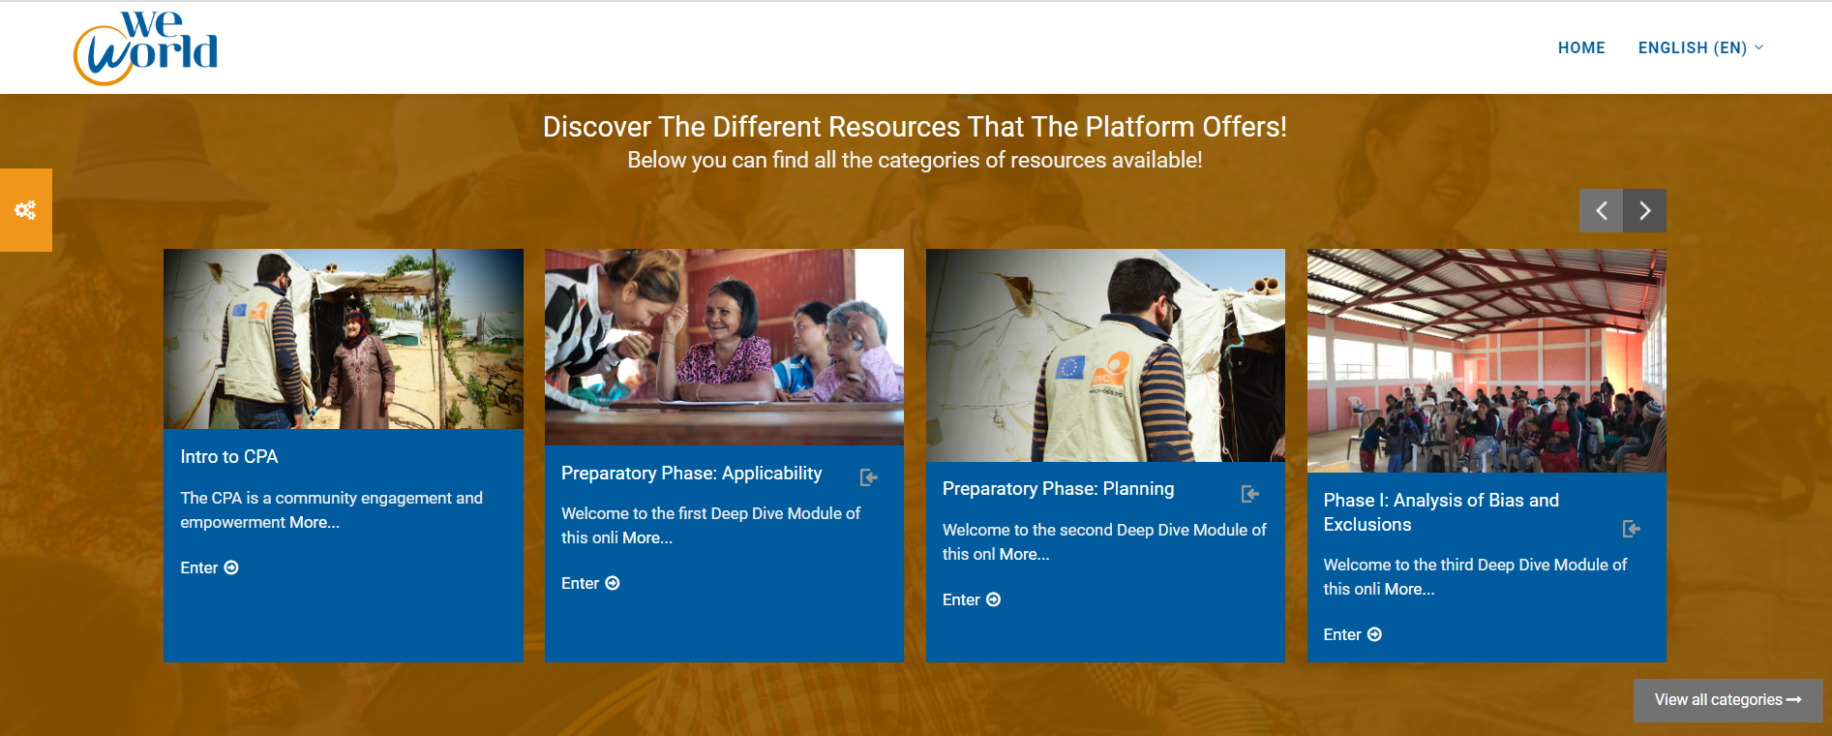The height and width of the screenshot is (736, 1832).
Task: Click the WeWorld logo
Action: pos(145,47)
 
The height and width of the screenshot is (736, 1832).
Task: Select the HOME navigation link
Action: pos(1581,47)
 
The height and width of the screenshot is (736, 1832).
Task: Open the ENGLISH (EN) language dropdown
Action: pos(1700,47)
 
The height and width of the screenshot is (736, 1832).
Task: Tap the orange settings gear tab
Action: pos(26,210)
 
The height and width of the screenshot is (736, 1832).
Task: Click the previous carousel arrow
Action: pos(1601,210)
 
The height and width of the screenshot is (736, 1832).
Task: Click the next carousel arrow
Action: pos(1645,210)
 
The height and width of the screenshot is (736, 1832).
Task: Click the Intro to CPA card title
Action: pos(228,457)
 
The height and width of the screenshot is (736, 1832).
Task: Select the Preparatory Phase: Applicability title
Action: pos(691,474)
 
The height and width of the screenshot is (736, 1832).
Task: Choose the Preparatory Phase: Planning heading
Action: pos(1058,489)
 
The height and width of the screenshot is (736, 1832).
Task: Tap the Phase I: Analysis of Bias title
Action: pos(1441,512)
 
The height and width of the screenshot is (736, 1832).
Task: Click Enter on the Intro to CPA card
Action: pos(209,567)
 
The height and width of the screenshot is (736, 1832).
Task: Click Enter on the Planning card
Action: pos(972,599)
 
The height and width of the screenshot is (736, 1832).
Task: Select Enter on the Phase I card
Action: pos(1352,634)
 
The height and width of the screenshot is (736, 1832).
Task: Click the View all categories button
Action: pos(1727,700)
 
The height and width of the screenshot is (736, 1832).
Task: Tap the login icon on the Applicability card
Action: pos(869,477)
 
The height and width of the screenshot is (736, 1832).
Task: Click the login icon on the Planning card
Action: pos(1250,494)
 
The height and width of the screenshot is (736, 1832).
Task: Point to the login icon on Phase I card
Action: pos(1632,529)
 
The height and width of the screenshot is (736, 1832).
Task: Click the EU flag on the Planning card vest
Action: pos(1070,368)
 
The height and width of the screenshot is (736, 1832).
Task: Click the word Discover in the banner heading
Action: pos(597,127)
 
